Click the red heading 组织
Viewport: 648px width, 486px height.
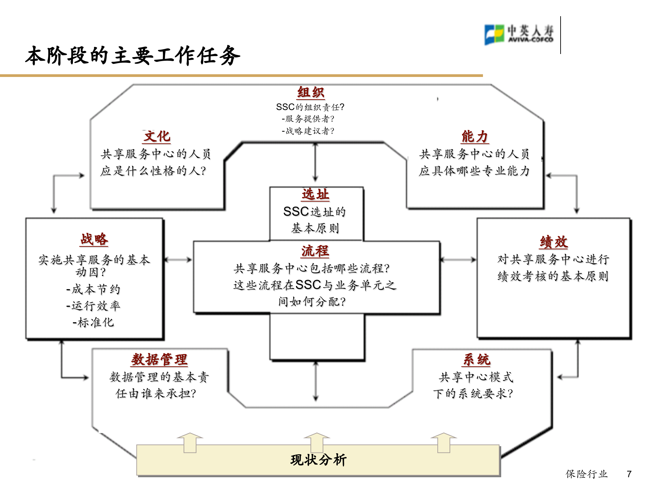point(310,92)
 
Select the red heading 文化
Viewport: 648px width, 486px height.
point(157,136)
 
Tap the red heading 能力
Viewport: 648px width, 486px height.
point(475,136)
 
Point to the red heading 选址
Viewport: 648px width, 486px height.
point(315,194)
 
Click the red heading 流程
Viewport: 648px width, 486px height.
point(315,251)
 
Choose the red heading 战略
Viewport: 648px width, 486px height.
point(94,239)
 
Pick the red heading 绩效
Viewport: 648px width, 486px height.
point(553,242)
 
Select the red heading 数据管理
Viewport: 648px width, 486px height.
point(159,359)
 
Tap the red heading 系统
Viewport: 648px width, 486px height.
point(477,359)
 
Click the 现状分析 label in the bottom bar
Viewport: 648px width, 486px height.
point(318,460)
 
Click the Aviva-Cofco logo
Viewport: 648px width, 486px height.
point(519,34)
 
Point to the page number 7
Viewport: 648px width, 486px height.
point(629,474)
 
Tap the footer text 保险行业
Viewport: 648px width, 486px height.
point(587,474)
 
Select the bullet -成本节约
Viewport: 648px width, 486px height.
point(93,289)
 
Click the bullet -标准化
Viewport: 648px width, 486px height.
point(93,322)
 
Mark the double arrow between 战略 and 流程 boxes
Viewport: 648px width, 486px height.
point(178,260)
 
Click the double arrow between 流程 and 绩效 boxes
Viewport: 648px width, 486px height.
point(458,260)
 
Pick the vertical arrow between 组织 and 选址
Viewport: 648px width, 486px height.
point(315,162)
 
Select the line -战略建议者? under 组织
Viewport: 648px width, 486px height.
point(308,131)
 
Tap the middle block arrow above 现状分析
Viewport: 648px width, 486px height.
point(317,442)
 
